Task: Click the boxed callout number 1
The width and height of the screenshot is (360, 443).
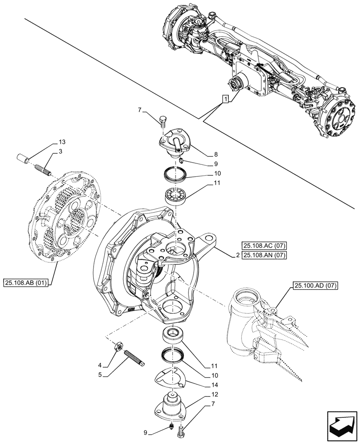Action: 226,99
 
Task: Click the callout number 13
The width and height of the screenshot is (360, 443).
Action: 61,142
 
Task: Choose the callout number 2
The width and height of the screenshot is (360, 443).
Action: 238,255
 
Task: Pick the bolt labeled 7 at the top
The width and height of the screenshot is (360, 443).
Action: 162,120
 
